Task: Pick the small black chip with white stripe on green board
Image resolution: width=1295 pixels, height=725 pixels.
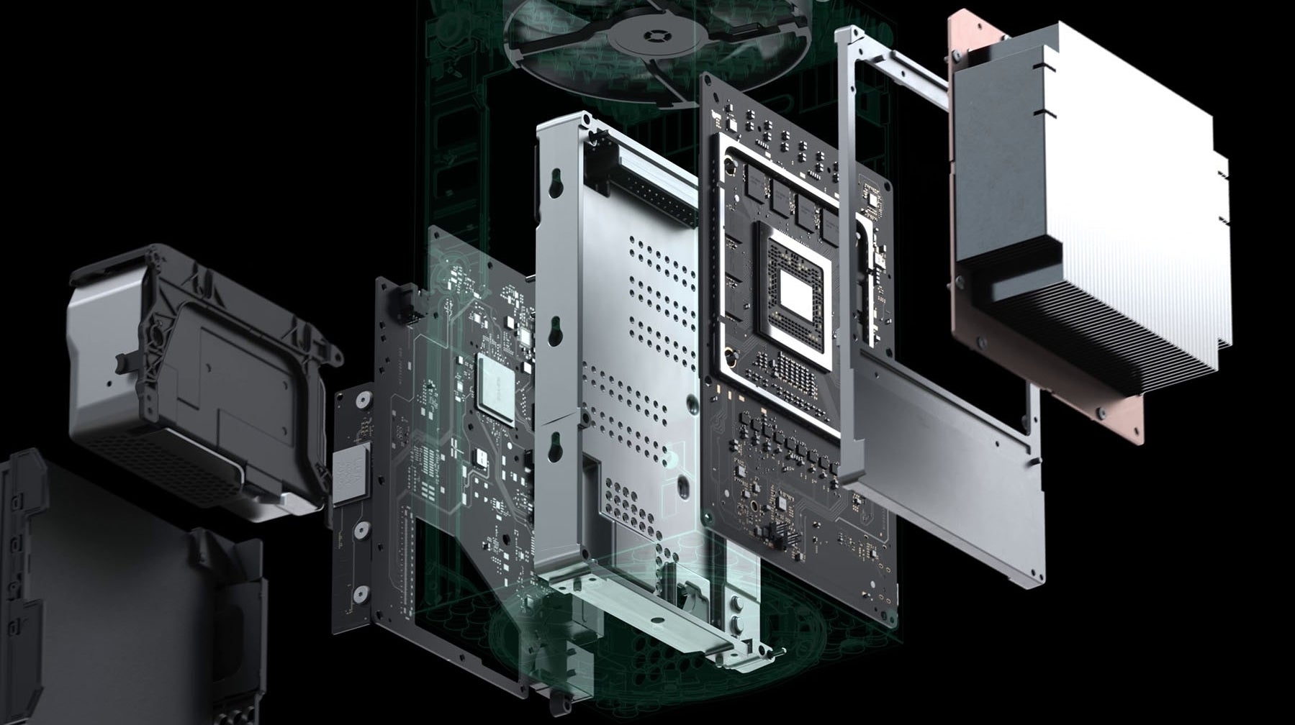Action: click(478, 455)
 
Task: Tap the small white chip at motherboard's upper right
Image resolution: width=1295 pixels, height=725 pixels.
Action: click(872, 197)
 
